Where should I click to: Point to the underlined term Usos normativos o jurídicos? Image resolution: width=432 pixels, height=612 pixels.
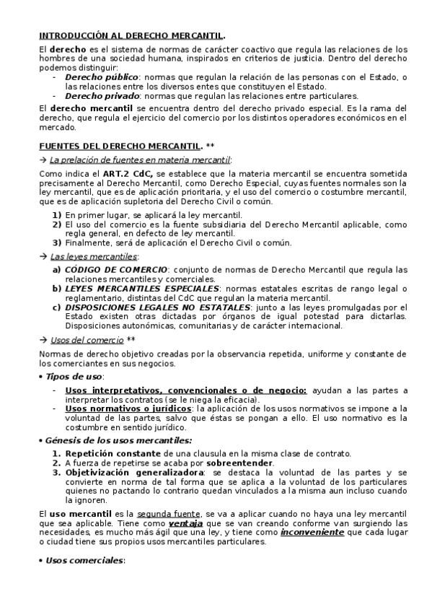click(128, 408)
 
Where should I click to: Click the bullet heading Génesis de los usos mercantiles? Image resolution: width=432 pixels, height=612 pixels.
click(118, 440)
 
